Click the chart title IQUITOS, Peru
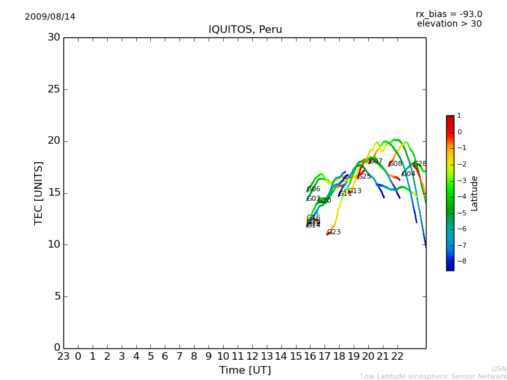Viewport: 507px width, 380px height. [245, 30]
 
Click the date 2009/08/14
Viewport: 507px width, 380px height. [50, 17]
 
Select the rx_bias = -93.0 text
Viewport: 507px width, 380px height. [449, 14]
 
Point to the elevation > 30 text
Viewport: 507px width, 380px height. [449, 24]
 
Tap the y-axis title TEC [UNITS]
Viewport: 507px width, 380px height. [39, 193]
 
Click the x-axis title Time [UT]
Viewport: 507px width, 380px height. [245, 370]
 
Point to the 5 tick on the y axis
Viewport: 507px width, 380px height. [56, 296]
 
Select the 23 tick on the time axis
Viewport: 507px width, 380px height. [63, 357]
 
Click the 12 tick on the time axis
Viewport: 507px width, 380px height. [252, 357]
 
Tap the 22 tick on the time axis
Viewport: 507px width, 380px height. [397, 357]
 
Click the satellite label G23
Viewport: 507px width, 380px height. [334, 232]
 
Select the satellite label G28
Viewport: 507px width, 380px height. [420, 164]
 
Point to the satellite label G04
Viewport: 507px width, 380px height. [409, 174]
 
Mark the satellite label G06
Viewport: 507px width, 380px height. [314, 189]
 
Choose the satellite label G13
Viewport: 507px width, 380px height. [355, 191]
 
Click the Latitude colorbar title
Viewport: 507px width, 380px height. [475, 193]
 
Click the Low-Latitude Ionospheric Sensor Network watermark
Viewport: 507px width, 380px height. [433, 376]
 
